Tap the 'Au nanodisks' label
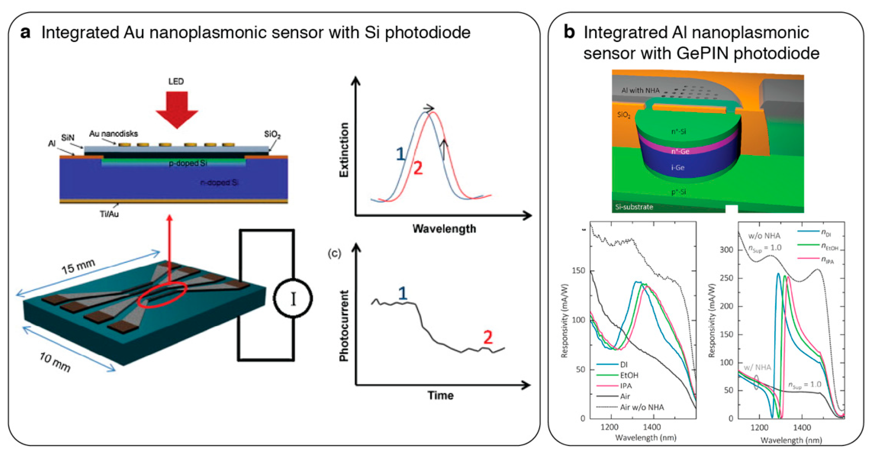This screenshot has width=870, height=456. pyautogui.click(x=114, y=134)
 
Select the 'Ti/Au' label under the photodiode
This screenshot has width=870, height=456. pyautogui.click(x=109, y=214)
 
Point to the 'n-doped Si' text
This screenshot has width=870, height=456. pyautogui.click(x=219, y=183)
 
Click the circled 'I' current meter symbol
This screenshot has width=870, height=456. pyautogui.click(x=293, y=298)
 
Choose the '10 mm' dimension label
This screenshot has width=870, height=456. pyautogui.click(x=55, y=362)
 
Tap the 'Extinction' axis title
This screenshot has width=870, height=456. pyautogui.click(x=344, y=150)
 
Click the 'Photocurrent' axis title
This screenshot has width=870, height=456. pyautogui.click(x=344, y=326)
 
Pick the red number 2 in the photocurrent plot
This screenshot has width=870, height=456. pyautogui.click(x=488, y=337)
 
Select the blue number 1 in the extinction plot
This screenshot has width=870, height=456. pyautogui.click(x=400, y=154)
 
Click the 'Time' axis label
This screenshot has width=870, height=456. pyautogui.click(x=440, y=395)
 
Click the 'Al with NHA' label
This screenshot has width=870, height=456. pyautogui.click(x=640, y=91)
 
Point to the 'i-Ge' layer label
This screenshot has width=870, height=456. pyautogui.click(x=678, y=168)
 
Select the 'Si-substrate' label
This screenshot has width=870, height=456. pyautogui.click(x=634, y=207)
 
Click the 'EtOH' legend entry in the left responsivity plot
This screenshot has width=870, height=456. pyautogui.click(x=629, y=375)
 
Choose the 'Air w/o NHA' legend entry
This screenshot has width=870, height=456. pyautogui.click(x=642, y=407)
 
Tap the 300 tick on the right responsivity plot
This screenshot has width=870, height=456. pyautogui.click(x=726, y=250)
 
